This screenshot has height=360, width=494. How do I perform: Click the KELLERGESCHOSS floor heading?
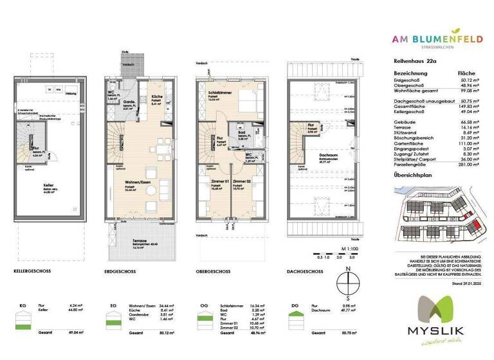tap(32, 271)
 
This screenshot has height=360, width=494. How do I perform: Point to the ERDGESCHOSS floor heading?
tap(119, 271)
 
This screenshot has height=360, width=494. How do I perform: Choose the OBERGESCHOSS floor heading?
tap(215, 271)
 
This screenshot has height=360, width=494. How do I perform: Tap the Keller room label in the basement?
tap(47, 184)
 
